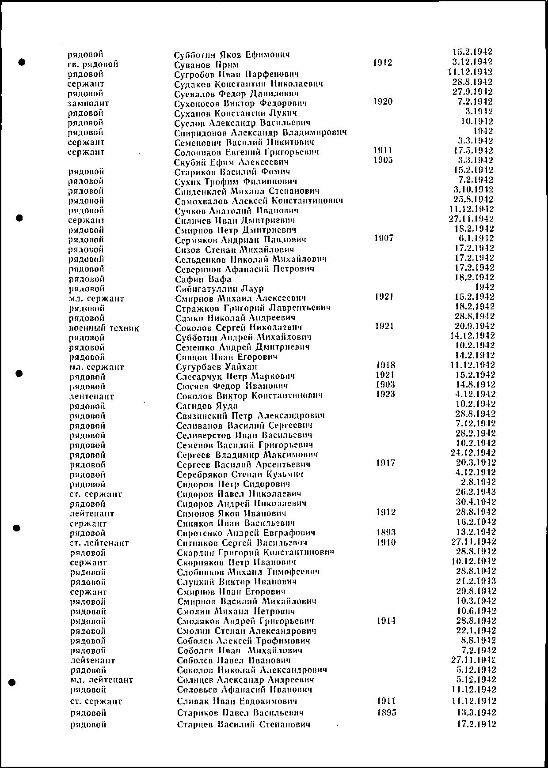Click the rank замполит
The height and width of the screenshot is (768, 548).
point(88,104)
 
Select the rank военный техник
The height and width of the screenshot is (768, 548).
point(104,328)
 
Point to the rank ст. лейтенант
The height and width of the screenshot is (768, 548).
point(99,543)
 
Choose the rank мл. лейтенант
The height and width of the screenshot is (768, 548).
point(101,680)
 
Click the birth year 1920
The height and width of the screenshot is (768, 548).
point(383,102)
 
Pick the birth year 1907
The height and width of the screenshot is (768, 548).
point(384,238)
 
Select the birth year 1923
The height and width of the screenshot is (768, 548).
point(385,394)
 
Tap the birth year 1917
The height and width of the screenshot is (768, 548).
point(385,463)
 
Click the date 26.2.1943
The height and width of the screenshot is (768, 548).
point(476,492)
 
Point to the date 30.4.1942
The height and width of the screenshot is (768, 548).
point(476,502)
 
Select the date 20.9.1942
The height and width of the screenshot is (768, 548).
point(474,326)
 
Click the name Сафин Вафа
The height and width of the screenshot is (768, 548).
point(203,279)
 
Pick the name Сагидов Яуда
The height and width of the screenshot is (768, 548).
point(207,406)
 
